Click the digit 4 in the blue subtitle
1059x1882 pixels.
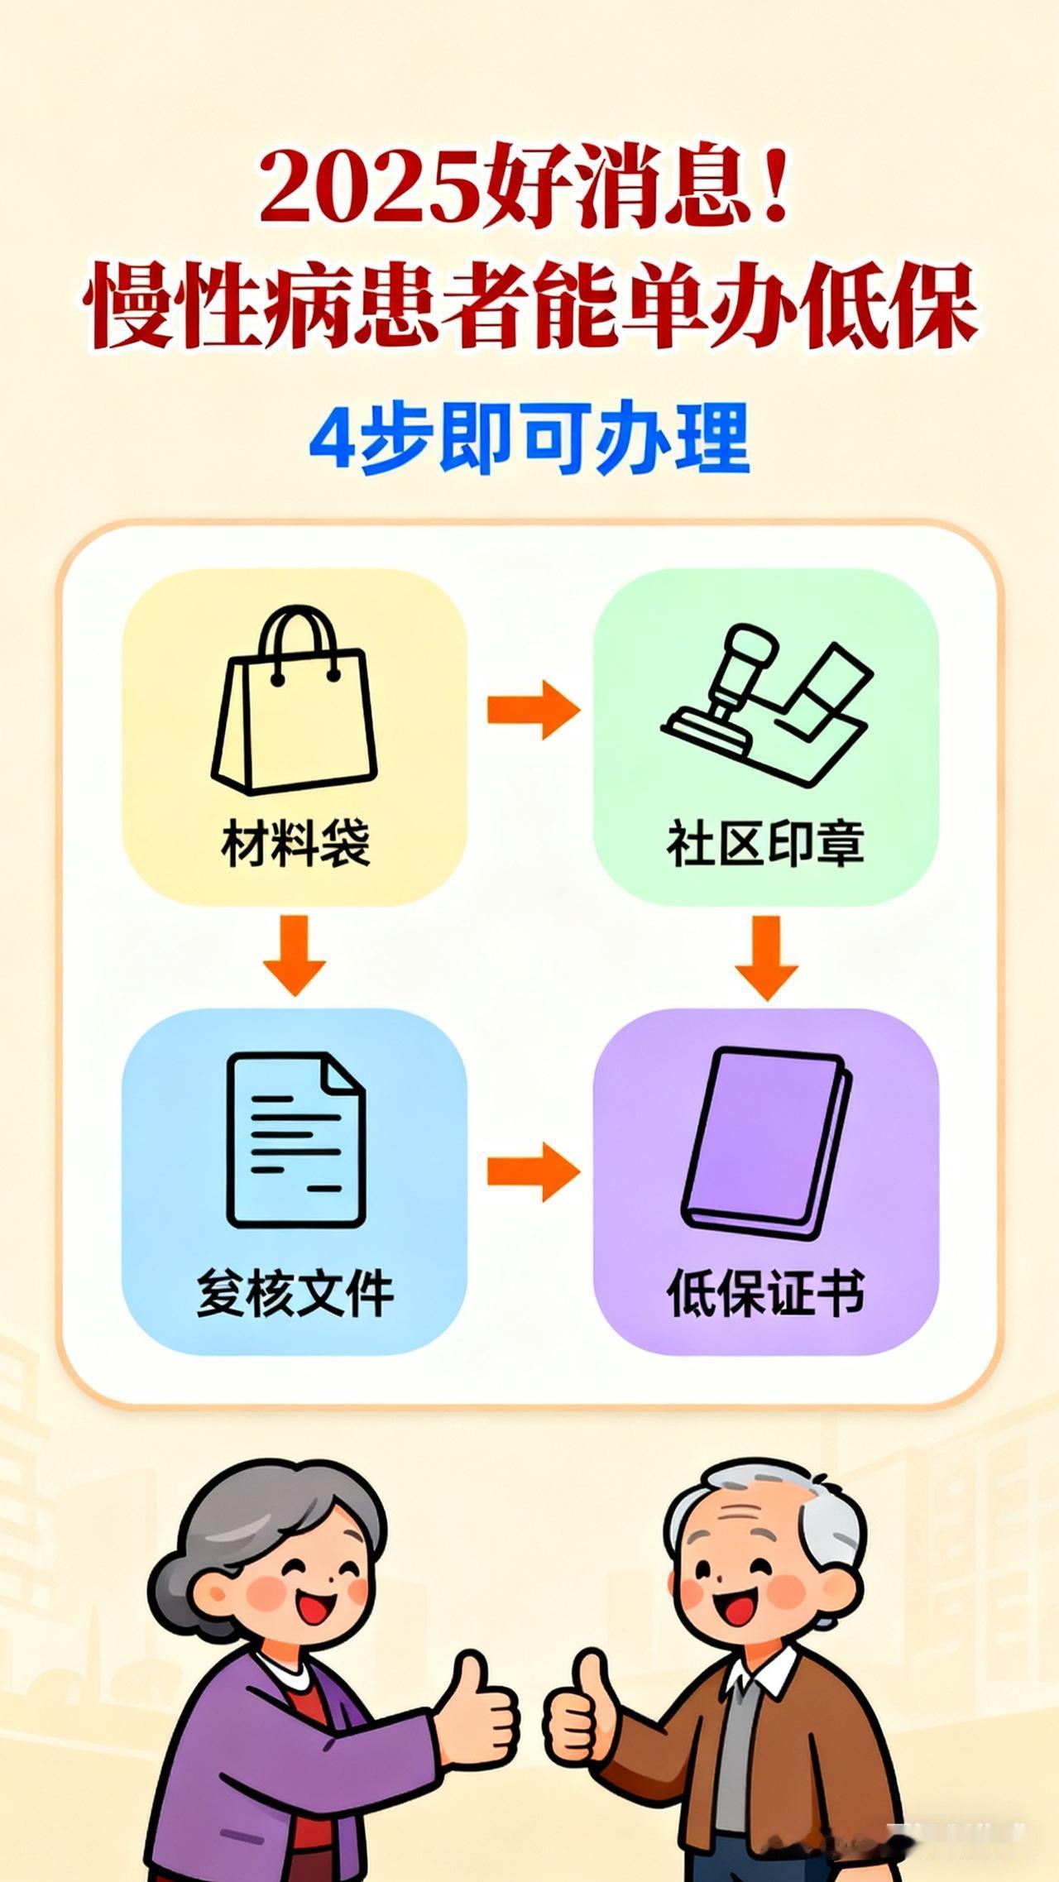333,438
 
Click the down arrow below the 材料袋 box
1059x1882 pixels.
295,955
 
